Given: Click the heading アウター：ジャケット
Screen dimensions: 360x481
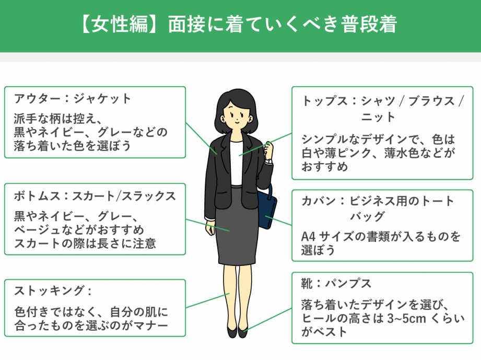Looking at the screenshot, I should (73, 98).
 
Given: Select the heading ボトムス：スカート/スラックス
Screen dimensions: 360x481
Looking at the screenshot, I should (95, 196).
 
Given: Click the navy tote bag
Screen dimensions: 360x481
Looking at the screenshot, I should (267, 210).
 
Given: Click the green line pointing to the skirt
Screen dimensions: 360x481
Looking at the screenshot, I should (206, 225).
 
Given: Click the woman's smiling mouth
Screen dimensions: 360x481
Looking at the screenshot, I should (236, 121).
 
